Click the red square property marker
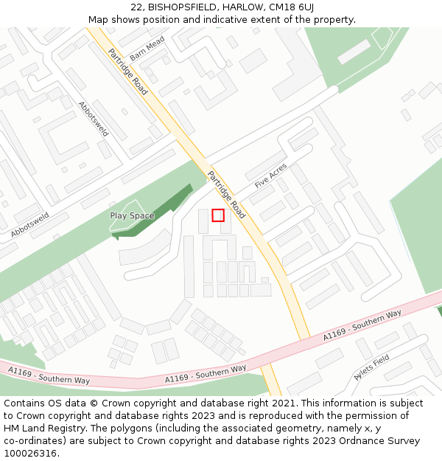pyautogui.click(x=218, y=215)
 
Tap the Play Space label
pyautogui.click(x=132, y=216)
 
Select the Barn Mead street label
pyautogui.click(x=147, y=50)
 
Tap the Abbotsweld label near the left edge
pyautogui.click(x=30, y=225)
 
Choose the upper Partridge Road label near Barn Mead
pyautogui.click(x=127, y=72)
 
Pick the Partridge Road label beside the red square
pyautogui.click(x=226, y=195)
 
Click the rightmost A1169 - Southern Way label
pyautogui.click(x=362, y=325)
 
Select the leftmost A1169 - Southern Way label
pyautogui.click(x=49, y=375)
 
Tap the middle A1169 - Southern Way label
pyautogui.click(x=206, y=374)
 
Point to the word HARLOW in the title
pyautogui.click(x=236, y=7)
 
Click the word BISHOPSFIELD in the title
pyautogui.click(x=177, y=7)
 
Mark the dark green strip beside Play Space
pyautogui.click(x=158, y=214)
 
